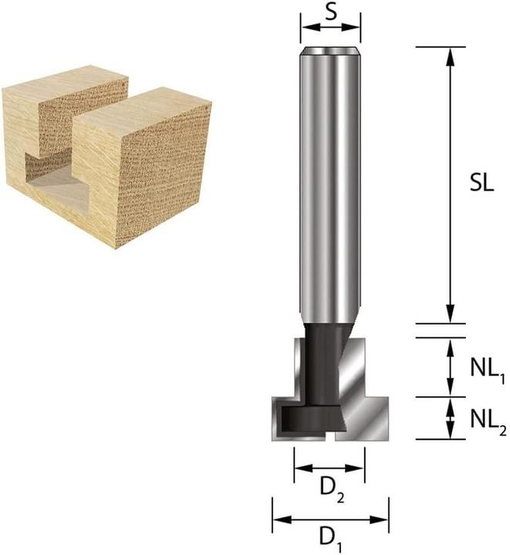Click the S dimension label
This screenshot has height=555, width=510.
pos(330,12)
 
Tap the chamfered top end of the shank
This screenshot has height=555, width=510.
pos(330,52)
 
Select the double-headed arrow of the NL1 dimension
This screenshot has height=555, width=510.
pos(448,368)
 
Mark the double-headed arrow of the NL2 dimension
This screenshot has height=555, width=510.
pos(448,419)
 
